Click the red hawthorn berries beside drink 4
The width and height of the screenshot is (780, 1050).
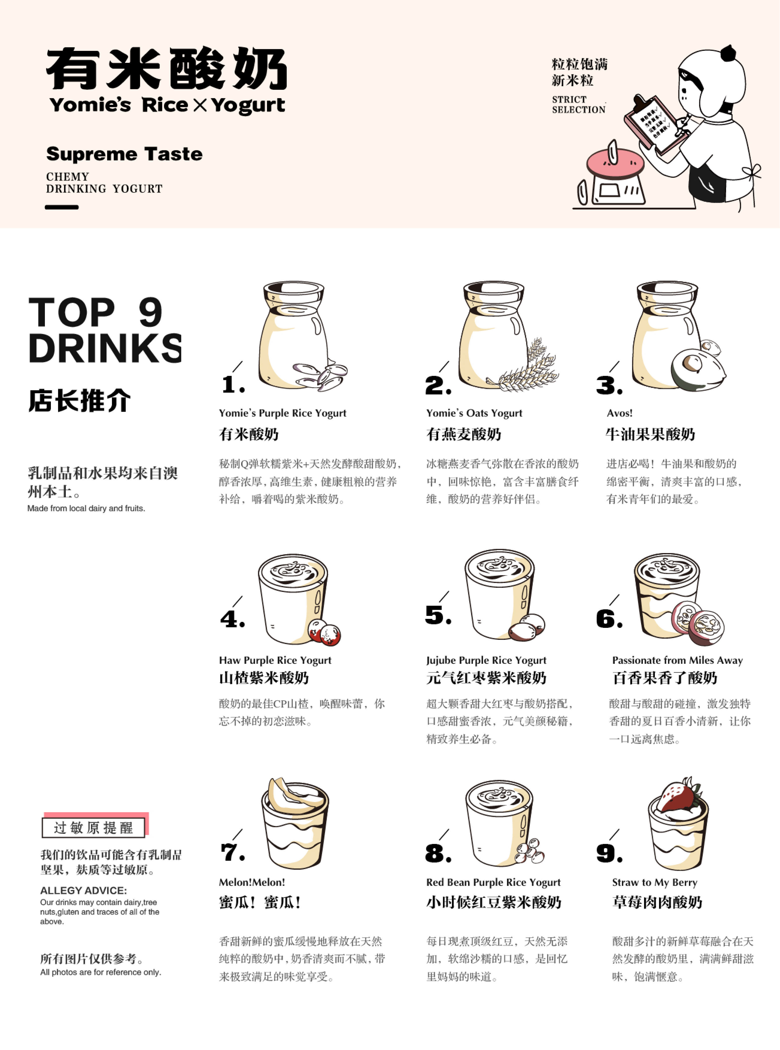(x=324, y=632)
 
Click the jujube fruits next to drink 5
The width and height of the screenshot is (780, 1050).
(x=526, y=627)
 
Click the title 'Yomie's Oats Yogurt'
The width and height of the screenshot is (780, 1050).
(x=474, y=413)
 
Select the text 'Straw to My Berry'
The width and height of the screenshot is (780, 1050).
(x=654, y=882)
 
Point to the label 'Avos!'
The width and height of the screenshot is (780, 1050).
(x=619, y=413)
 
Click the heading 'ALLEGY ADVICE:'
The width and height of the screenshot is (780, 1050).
(x=84, y=890)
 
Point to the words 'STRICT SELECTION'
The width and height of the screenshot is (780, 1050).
(x=578, y=104)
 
